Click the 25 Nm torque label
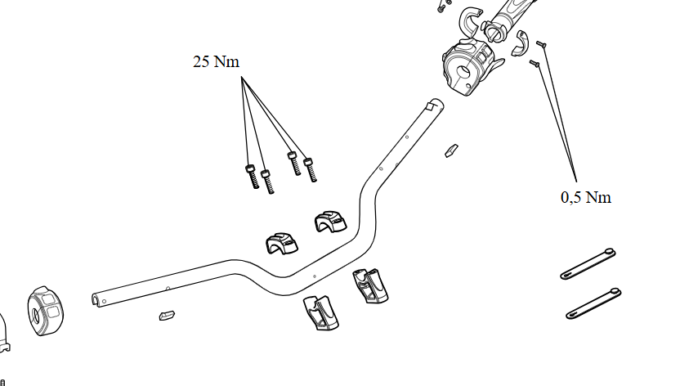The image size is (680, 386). click(216, 62)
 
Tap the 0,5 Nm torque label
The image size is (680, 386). click(585, 197)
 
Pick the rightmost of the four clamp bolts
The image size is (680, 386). click(310, 168)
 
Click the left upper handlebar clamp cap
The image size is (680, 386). click(281, 242)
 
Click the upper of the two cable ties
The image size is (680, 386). click(586, 263)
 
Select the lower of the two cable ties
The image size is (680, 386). click(593, 302)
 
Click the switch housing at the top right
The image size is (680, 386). click(468, 66)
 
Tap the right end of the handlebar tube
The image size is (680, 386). click(435, 105)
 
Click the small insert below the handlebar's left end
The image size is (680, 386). click(168, 314)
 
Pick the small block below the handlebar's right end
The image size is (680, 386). click(451, 150)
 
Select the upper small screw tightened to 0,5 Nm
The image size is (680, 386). click(541, 44)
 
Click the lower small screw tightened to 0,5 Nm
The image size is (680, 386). click(535, 62)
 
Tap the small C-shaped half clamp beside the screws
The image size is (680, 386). click(520, 43)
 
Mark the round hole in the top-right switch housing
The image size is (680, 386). click(463, 72)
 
